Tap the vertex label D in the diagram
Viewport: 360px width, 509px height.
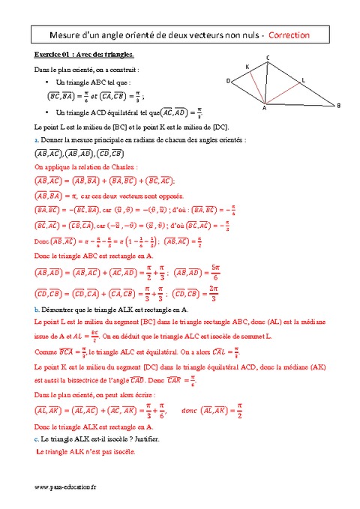228,80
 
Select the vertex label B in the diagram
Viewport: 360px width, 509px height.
338,106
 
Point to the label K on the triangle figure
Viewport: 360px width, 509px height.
247,67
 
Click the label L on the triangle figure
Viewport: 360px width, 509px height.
303,79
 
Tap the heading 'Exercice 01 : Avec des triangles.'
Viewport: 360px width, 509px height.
85,55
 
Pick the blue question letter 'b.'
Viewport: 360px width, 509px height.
37,310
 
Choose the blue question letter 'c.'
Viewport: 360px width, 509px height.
37,439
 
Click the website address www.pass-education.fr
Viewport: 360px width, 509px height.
66,487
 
